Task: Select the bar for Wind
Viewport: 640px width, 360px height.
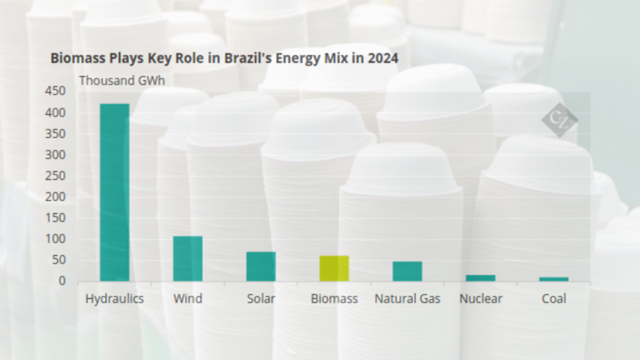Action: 187,259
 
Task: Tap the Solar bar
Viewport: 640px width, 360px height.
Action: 261,267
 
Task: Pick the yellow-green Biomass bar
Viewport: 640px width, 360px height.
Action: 334,269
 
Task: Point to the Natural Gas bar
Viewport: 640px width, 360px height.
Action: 407,271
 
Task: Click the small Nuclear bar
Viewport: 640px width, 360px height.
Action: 480,278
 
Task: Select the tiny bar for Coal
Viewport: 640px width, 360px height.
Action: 554,279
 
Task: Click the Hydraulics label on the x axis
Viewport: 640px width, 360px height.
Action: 114,299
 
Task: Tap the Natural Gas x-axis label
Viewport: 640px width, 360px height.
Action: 407,299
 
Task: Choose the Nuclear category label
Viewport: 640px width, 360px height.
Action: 480,299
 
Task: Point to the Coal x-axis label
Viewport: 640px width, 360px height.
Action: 554,299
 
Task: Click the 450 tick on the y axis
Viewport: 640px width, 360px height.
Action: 55,92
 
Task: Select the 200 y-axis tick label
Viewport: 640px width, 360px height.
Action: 55,197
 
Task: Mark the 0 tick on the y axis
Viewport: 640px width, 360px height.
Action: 62,281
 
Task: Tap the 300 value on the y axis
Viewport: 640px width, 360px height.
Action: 55,155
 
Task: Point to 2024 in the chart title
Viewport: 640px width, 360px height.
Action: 382,58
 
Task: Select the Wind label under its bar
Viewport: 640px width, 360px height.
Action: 187,299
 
